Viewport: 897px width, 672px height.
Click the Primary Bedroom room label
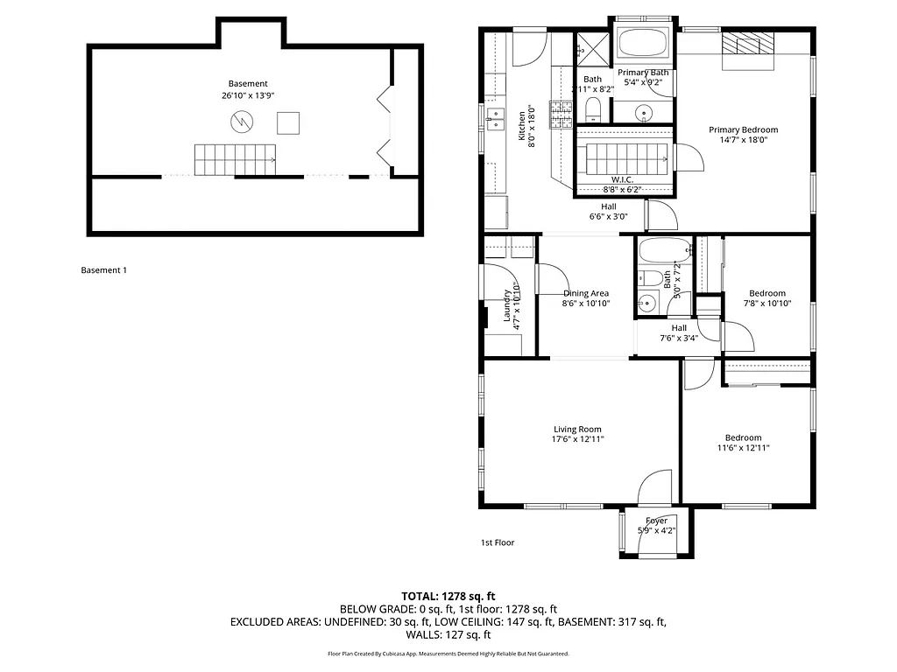coord(743,129)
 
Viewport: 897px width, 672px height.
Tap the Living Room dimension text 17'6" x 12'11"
coord(577,439)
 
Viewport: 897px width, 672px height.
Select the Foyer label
coord(657,521)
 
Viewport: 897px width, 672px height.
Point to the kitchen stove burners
coord(561,112)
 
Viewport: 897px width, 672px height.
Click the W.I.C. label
coord(623,179)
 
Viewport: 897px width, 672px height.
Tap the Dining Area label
coord(586,294)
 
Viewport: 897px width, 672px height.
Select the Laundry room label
coord(507,306)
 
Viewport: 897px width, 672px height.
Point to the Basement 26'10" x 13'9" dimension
coord(248,96)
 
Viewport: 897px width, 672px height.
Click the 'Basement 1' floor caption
coord(103,270)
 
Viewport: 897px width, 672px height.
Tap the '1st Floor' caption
coord(497,542)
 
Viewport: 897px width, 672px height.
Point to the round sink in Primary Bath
coord(644,112)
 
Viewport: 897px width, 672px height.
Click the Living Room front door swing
coord(654,487)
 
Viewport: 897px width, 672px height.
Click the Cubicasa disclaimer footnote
coord(448,654)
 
